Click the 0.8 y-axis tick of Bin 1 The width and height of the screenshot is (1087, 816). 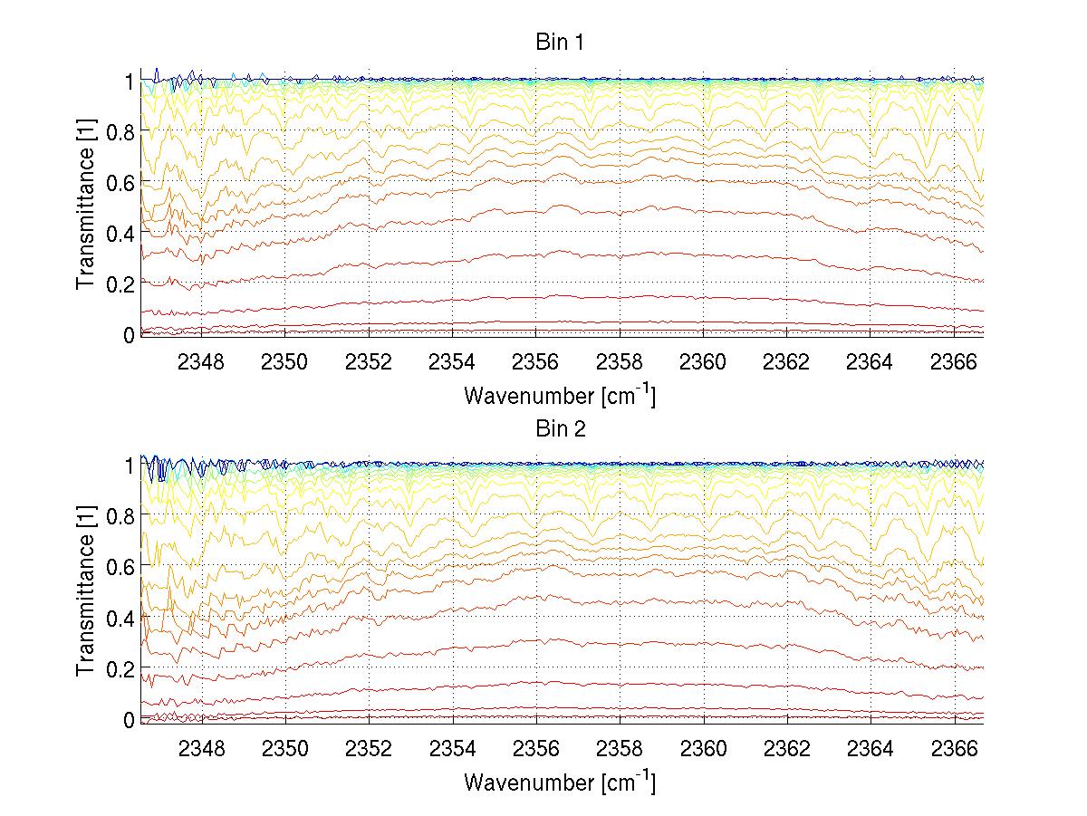[120, 132]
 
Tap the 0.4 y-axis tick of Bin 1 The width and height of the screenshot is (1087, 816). [120, 234]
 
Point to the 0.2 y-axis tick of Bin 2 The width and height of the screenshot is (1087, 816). [120, 668]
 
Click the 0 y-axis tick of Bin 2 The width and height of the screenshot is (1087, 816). [129, 719]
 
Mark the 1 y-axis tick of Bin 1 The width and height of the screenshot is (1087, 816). [129, 82]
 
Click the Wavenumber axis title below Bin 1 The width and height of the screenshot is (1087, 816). [560, 396]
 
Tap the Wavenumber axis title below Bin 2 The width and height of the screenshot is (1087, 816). [560, 781]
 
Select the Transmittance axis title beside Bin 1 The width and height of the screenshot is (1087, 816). [86, 206]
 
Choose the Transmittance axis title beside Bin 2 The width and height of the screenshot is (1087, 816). [86, 591]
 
